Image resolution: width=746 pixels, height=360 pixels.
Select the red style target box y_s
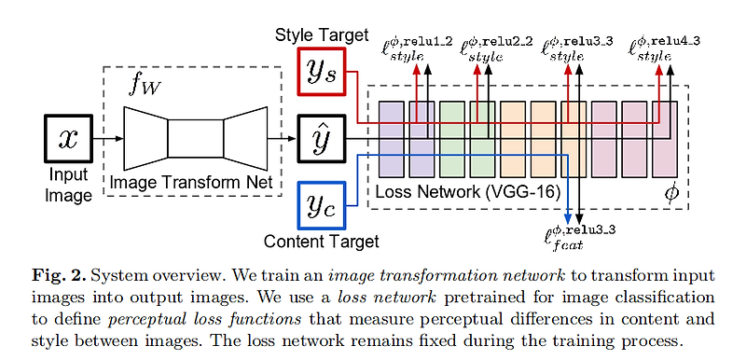[323, 74]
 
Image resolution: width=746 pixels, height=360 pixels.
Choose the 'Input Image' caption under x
[70, 186]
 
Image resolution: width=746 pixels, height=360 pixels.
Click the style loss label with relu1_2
[418, 48]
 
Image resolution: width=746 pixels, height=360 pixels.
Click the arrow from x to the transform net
[106, 139]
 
